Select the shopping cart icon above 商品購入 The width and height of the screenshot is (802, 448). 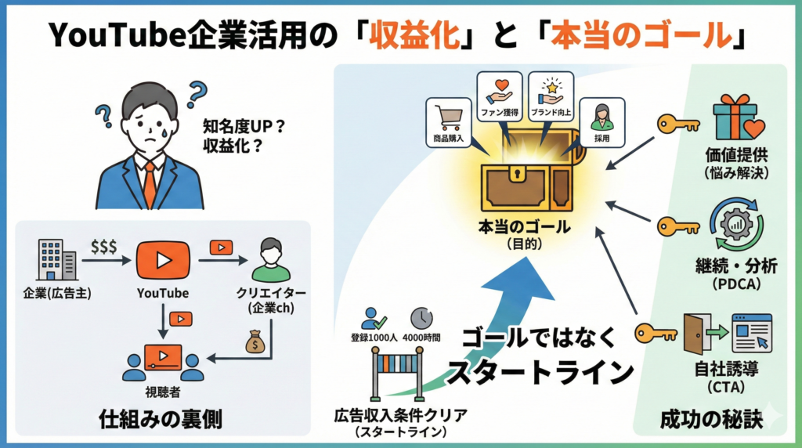coord(449,117)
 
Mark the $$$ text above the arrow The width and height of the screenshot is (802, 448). coord(103,246)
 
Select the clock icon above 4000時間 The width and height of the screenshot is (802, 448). coord(421,317)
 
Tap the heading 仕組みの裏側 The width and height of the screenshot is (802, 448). coord(161,420)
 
